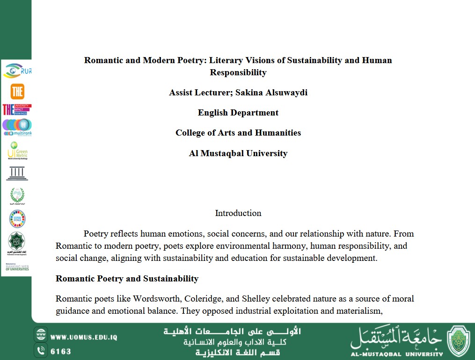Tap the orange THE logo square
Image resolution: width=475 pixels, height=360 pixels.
coord(17,91)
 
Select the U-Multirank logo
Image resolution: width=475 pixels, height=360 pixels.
coord(17,127)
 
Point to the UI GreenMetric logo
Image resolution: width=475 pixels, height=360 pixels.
coord(17,151)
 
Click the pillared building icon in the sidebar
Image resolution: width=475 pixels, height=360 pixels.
coord(17,173)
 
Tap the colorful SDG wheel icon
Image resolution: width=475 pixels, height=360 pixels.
coord(17,218)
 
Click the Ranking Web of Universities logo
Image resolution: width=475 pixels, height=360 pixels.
coord(17,267)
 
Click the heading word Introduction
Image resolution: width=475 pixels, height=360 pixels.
coord(238,213)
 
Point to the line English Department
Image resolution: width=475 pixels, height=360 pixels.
coord(238,113)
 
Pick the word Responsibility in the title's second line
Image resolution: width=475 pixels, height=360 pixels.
coord(238,72)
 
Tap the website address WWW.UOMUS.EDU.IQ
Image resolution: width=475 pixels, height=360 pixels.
coord(83,337)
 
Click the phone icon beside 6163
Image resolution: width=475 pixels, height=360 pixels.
coord(41,351)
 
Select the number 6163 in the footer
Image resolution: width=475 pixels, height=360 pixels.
coord(60,351)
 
